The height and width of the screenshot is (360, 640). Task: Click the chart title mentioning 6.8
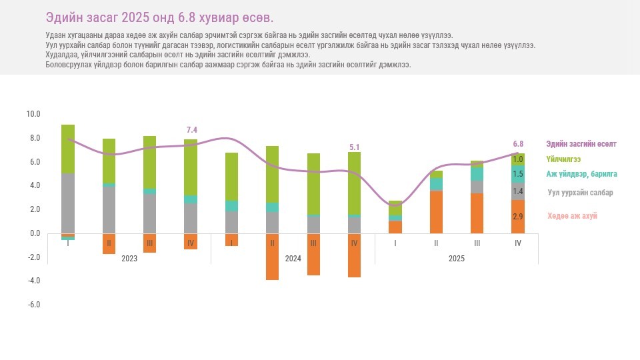(x=159, y=17)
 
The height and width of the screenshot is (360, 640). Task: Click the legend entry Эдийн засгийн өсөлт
(x=581, y=144)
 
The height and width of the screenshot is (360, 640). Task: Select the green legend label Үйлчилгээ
(x=563, y=159)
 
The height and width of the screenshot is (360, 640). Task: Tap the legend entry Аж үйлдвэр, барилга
(x=581, y=174)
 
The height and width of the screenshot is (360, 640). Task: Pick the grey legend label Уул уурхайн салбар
(x=580, y=193)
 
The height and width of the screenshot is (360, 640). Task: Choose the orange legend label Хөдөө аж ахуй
(x=572, y=216)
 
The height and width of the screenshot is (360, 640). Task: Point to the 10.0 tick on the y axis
(x=33, y=114)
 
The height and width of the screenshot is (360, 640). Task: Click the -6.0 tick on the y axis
(x=33, y=305)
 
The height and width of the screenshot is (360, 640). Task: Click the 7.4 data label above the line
(x=192, y=130)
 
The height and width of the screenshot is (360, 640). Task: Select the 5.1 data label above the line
(x=355, y=147)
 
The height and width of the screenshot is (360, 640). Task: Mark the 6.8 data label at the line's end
(x=518, y=143)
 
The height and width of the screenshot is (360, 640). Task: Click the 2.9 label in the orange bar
(x=518, y=217)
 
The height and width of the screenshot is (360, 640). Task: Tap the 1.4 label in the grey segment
(x=518, y=191)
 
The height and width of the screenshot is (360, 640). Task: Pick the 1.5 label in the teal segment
(x=518, y=174)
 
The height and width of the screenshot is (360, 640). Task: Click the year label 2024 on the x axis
(x=293, y=258)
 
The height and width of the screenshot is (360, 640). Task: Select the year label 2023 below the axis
(x=129, y=258)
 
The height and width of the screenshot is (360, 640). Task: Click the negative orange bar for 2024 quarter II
(x=272, y=257)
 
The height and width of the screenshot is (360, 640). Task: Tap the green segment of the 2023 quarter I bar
(x=68, y=149)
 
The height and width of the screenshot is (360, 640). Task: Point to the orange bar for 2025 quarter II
(x=436, y=212)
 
